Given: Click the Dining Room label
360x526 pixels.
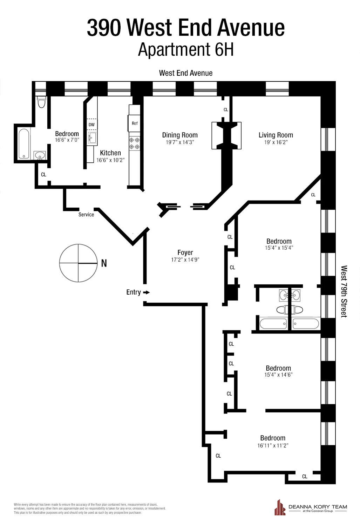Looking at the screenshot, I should coord(180,135).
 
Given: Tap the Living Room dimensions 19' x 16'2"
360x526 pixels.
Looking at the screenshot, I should coord(276,142).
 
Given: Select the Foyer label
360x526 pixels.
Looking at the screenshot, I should coord(185,252).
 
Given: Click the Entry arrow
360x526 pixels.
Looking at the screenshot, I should coord(146,292).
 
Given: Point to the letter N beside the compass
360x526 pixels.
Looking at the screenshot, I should coord(104,263).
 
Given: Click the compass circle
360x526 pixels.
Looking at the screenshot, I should coord(78,263).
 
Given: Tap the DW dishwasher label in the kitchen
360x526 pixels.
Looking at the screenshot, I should coord(91,124).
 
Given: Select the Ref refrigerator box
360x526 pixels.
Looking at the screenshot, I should coord(135,123).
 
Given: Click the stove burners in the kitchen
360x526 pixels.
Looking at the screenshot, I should coord(135,143).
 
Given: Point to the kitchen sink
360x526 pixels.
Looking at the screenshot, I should coord(92,137).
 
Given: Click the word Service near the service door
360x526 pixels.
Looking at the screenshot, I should coord(86,215).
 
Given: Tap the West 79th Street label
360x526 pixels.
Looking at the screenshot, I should coord(344,291).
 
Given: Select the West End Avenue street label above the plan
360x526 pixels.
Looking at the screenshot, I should coord(186,73).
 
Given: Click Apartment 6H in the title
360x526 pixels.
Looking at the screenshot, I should coord(186,49).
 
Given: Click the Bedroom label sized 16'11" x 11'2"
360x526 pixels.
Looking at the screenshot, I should coord(273,438).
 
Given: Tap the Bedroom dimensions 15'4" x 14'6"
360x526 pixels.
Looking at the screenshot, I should coord(278,375).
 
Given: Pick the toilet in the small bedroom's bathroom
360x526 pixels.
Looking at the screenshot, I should coord(41,102).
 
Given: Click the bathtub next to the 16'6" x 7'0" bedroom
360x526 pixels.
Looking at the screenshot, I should coord(23,144).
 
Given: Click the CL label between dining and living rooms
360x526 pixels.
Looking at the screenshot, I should coord(226,110).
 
